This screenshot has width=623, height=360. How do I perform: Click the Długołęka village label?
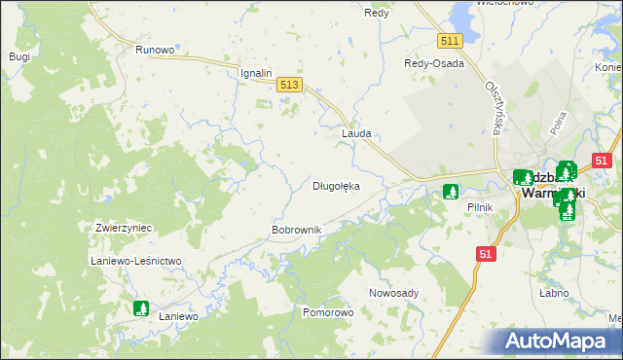coord(336,186)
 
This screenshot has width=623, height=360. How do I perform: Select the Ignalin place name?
coord(256,73)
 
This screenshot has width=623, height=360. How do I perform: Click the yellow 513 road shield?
coord(288,86)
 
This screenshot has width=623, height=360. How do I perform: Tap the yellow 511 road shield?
coord(449,40)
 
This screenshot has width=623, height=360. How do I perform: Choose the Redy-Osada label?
coord(434,63)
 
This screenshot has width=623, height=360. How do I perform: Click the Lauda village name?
coord(356,134)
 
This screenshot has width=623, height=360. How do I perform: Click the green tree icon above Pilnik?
coord(451,192)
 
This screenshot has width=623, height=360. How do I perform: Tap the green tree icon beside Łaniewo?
coord(141,308)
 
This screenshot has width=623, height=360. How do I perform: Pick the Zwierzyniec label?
coord(124,228)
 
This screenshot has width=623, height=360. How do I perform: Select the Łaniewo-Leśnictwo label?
coord(136,261)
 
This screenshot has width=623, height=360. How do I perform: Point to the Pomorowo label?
coord(328,313)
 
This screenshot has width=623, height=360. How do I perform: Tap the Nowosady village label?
coord(394,293)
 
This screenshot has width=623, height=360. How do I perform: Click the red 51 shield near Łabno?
coord(487,253)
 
